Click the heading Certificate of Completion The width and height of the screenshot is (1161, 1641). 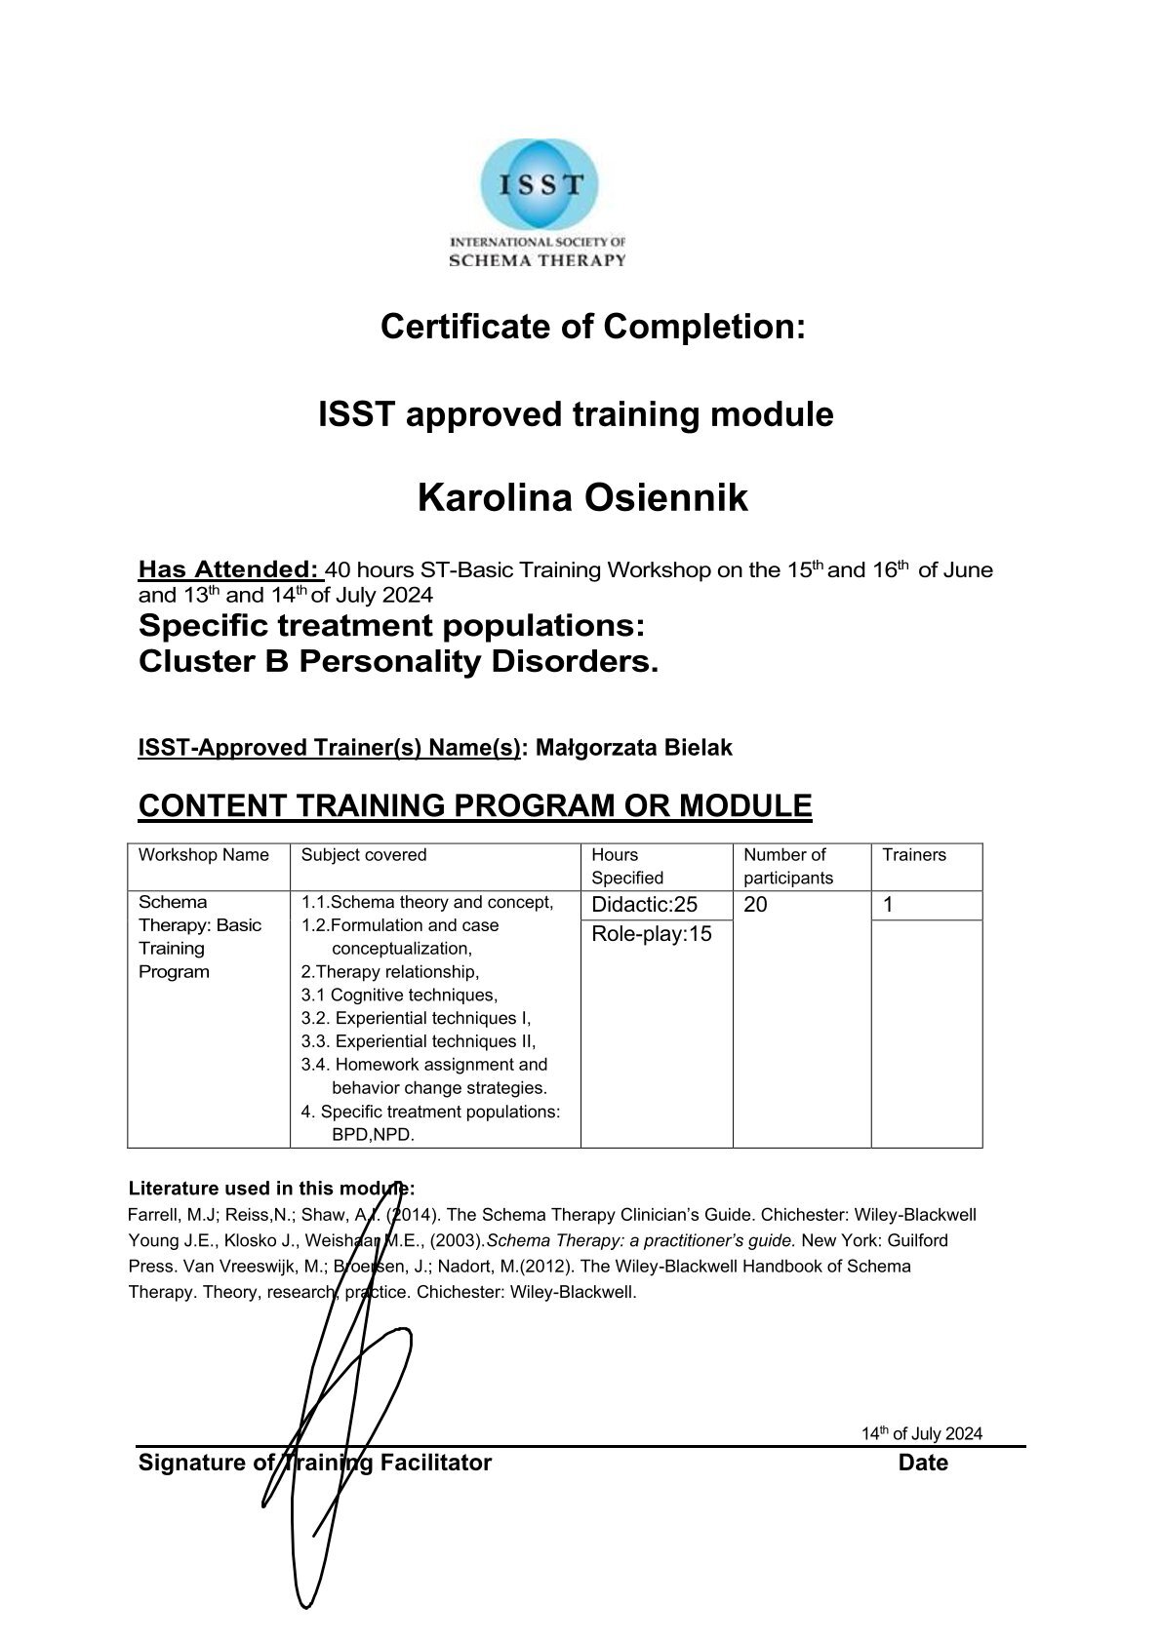coord(592,327)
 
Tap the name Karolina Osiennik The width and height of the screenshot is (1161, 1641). coord(582,498)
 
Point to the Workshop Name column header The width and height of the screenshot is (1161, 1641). coord(203,855)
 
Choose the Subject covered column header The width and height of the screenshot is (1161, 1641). coord(364,855)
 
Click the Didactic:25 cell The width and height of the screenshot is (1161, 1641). coord(644,905)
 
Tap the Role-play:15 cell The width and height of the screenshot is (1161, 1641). coord(652,934)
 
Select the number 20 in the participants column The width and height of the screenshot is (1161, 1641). coord(755,905)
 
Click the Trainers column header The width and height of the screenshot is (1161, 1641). coord(914,855)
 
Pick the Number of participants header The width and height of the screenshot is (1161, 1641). coord(787,866)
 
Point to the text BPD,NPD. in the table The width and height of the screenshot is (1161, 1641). coord(374,1135)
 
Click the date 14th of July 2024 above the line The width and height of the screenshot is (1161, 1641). coord(921,1433)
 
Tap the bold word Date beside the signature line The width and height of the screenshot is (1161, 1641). coord(923,1463)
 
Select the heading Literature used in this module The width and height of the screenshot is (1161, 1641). coord(271,1189)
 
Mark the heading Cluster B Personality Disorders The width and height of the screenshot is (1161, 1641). coord(398,662)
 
